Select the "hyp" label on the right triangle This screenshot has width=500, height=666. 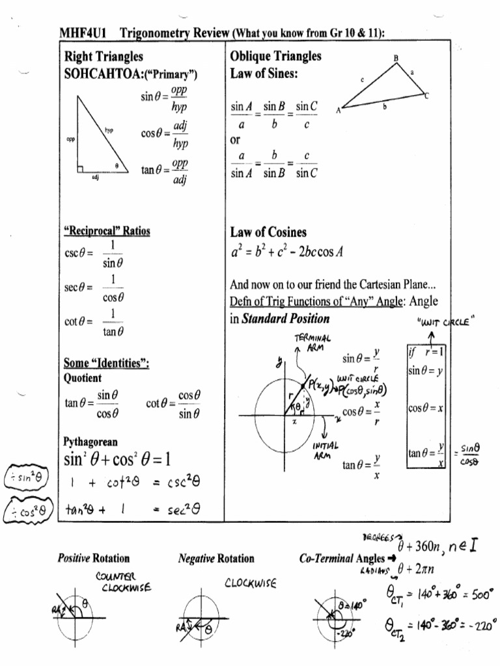click(109, 130)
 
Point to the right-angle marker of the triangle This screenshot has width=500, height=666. click(80, 170)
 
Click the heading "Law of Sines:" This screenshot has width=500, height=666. click(264, 74)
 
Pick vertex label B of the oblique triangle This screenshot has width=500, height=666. click(396, 59)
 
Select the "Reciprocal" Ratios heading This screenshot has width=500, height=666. click(107, 232)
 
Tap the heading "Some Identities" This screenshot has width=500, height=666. click(106, 364)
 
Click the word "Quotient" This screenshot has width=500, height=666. click(83, 378)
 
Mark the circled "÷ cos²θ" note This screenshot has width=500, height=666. click(25, 511)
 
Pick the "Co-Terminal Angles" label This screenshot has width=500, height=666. click(342, 559)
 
